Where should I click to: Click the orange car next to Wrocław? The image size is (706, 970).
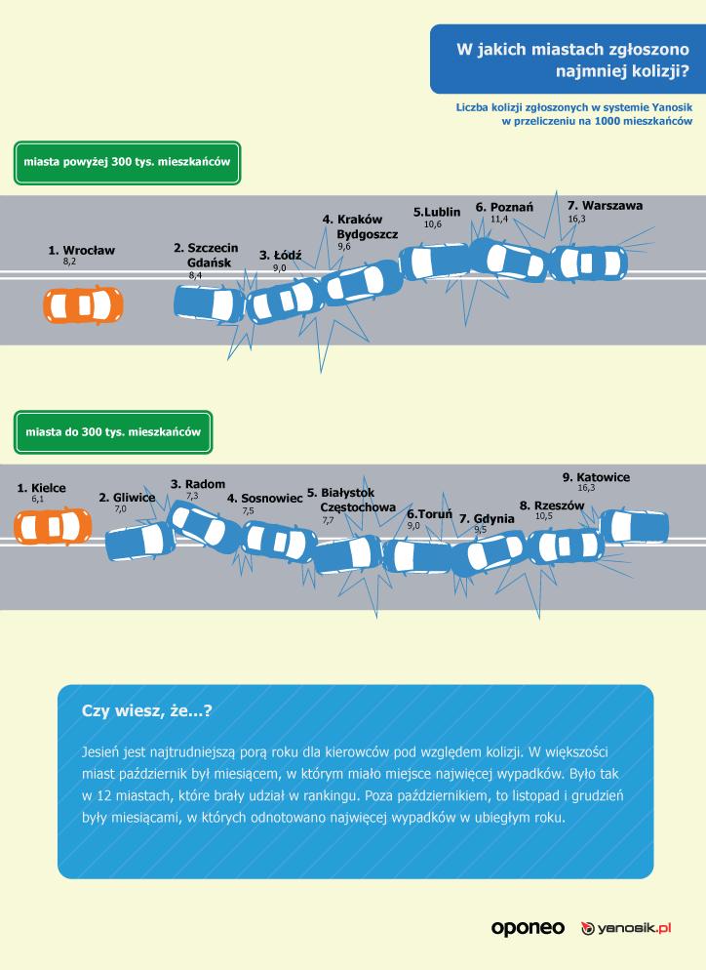point(83,304)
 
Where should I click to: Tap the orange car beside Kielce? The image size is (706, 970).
point(53,526)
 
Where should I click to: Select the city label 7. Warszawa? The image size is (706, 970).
point(605,206)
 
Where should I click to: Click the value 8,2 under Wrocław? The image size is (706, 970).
point(69,263)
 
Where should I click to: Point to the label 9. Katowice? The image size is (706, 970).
point(596,477)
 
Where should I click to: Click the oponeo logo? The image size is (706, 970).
point(528,928)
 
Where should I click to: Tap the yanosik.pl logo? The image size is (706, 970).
point(628,928)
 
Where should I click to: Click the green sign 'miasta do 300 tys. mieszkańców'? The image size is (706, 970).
point(113,431)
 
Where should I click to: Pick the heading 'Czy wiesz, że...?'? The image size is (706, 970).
point(147,712)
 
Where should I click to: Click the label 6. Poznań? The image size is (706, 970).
point(504,208)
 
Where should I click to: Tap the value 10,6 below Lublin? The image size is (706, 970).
point(433,224)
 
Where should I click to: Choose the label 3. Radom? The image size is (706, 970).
point(198,484)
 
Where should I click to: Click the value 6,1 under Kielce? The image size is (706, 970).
point(38,499)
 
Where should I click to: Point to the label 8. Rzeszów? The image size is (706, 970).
point(551,505)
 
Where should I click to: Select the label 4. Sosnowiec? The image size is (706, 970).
point(264,498)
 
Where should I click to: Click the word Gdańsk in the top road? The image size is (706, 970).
point(210,263)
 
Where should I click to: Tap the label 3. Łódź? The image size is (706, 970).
point(281,255)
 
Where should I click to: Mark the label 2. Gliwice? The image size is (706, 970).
point(127,498)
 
